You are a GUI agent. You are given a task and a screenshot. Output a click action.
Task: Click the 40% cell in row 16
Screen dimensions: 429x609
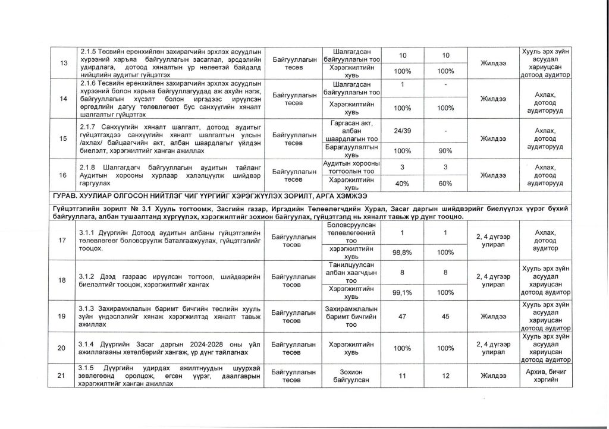point(403,184)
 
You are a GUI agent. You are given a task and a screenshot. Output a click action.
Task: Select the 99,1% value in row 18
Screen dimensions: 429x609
point(403,292)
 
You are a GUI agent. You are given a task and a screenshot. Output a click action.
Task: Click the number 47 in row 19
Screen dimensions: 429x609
point(403,317)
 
